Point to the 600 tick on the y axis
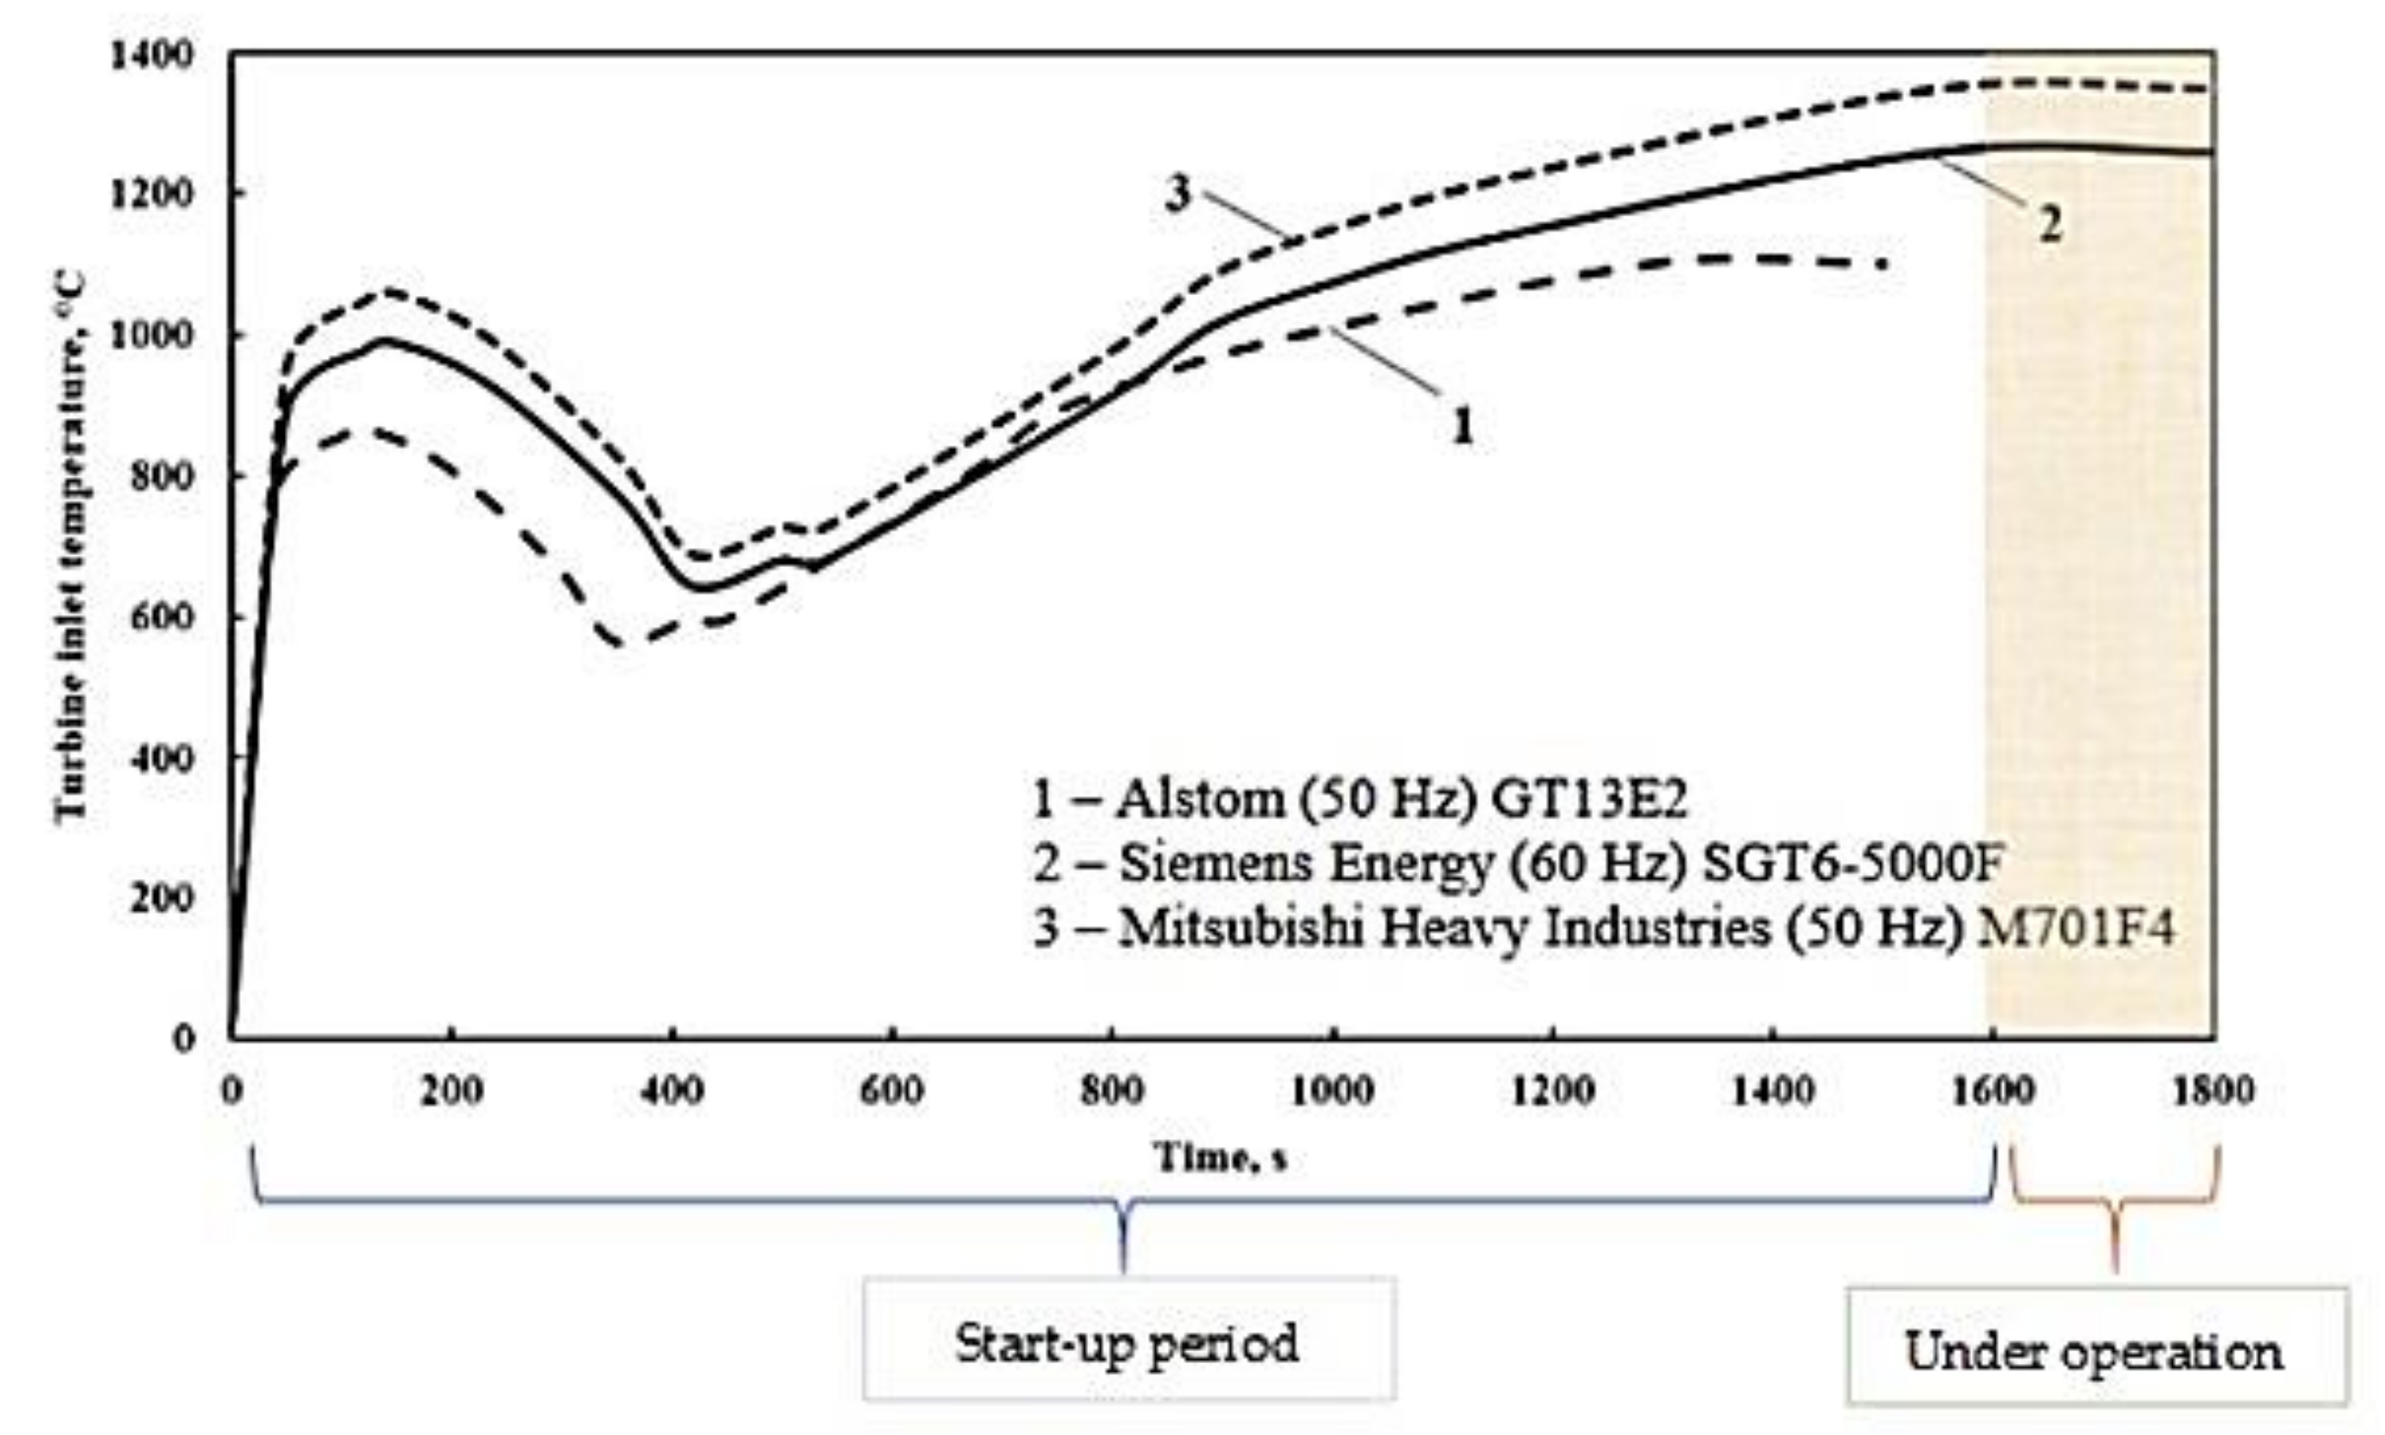160,616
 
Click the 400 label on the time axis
672,1092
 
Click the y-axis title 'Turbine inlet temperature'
69,546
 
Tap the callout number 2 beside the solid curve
2050,224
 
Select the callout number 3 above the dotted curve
1177,193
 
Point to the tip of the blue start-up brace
1123,1269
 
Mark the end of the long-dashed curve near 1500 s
1881,264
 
